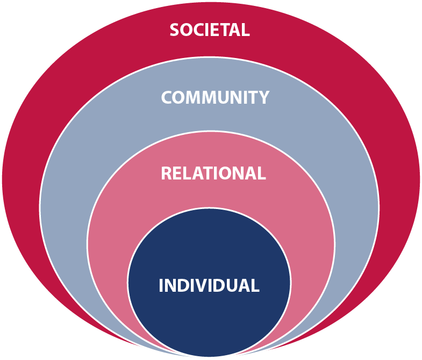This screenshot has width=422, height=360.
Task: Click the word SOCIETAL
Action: [210, 30]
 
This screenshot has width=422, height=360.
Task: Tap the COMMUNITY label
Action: [215, 97]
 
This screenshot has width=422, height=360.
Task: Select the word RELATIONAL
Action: [213, 174]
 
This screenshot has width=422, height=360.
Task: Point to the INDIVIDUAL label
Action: [209, 285]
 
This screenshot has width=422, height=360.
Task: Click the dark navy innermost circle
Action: [209, 317]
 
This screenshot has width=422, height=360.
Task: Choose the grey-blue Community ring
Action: [70, 215]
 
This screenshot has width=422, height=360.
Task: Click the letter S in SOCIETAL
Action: [175, 30]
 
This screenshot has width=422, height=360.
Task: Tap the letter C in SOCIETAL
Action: [199, 30]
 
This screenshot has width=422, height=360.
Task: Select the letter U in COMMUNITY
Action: [225, 97]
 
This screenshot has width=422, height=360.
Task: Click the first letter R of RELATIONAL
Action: [167, 174]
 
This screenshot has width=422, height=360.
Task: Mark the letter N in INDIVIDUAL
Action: [172, 285]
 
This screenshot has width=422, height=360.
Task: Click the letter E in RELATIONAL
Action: [178, 174]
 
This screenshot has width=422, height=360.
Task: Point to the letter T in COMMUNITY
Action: [253, 97]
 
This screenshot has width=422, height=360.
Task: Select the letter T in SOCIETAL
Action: [226, 30]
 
